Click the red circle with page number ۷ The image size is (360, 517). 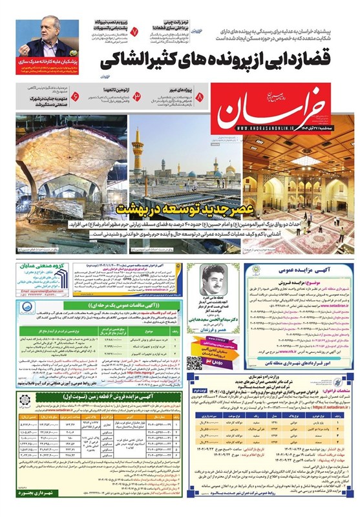point(134,30)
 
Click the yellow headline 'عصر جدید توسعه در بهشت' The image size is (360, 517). point(170,209)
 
